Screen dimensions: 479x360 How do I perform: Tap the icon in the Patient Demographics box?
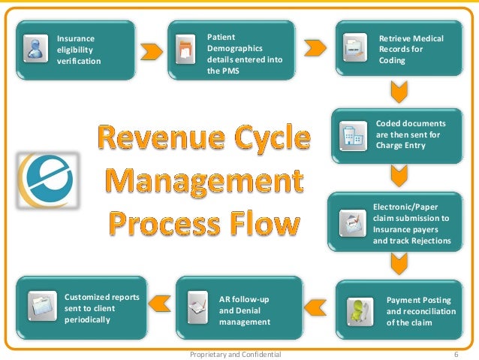click(185, 51)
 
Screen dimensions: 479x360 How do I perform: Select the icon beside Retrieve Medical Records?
click(353, 49)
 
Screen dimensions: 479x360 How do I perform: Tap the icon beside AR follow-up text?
click(197, 307)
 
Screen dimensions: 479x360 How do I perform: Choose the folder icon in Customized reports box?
click(41, 305)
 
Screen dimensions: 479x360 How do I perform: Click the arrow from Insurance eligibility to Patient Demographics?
click(152, 50)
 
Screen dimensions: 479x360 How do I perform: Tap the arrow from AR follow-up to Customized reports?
click(159, 303)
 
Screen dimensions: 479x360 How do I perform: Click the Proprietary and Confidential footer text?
click(236, 353)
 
